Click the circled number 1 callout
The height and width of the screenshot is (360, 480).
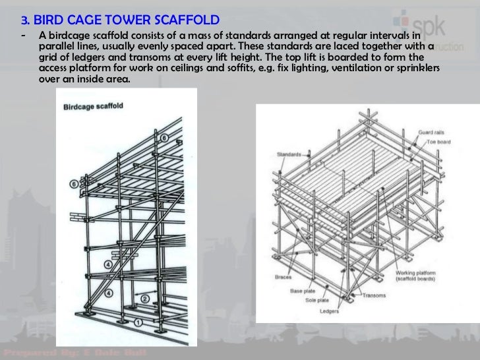click(x=138, y=322)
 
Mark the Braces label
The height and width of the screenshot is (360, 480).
click(x=283, y=278)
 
